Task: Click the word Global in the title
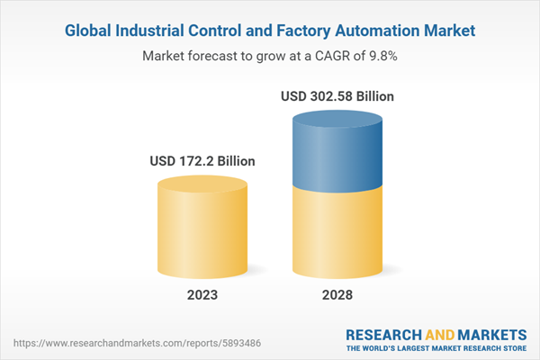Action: tap(92, 31)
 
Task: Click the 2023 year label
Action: tap(202, 295)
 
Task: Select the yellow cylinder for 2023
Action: tap(202, 234)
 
